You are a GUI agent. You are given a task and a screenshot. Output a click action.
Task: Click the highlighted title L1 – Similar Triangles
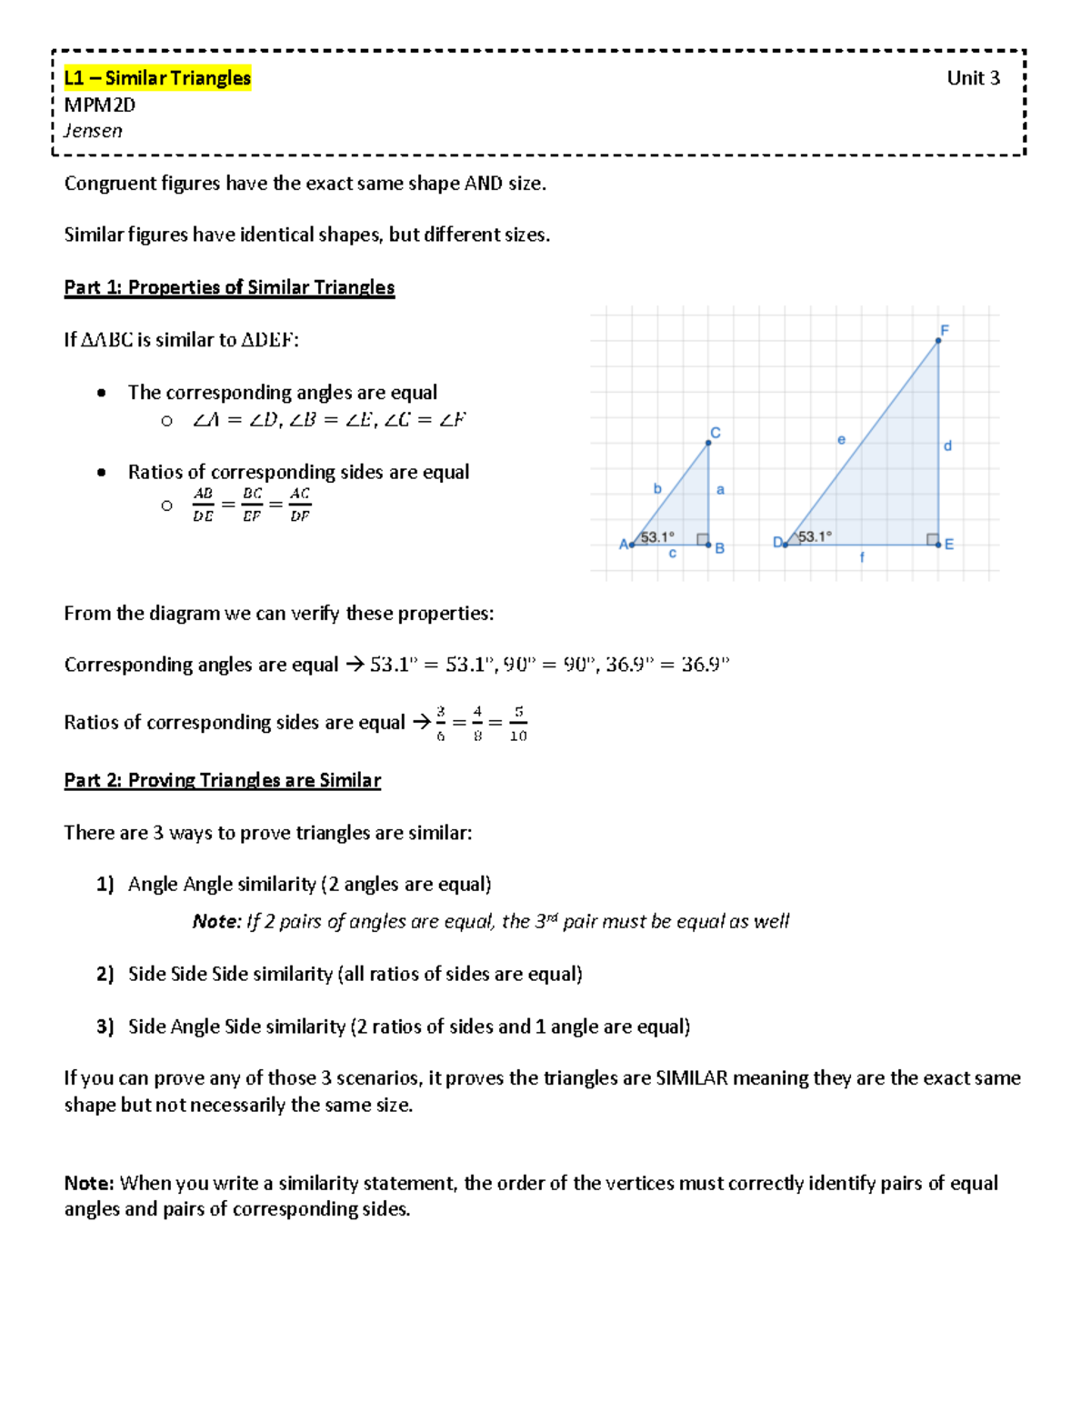[157, 78]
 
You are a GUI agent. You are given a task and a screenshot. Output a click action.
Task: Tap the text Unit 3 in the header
[973, 78]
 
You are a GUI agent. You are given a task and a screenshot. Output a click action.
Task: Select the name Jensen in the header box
[93, 131]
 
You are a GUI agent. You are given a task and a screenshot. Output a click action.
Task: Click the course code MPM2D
[99, 105]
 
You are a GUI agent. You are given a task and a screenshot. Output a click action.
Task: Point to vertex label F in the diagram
[945, 330]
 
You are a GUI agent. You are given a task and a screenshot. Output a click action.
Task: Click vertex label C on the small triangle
[716, 433]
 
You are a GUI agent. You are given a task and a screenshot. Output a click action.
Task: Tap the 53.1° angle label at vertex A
[656, 536]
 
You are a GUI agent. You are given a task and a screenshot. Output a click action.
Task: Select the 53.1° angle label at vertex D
[814, 536]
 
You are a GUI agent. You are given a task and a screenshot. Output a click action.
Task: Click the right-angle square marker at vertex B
[703, 539]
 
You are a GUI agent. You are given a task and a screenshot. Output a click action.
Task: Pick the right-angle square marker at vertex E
[933, 539]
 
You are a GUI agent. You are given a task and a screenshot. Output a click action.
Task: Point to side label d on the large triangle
[947, 446]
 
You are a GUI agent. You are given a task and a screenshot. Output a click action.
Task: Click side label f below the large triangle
[862, 557]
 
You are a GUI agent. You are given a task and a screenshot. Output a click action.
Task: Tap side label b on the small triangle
[657, 488]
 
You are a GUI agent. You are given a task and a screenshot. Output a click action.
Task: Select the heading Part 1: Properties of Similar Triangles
[229, 287]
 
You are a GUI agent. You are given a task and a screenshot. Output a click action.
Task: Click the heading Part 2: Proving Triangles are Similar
[222, 780]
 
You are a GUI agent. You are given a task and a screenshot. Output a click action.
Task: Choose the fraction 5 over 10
[518, 724]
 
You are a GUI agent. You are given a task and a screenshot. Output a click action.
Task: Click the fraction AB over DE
[203, 505]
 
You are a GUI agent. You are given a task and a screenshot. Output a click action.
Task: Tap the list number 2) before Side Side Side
[105, 974]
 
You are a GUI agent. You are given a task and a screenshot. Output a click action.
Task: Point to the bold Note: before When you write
[88, 1183]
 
